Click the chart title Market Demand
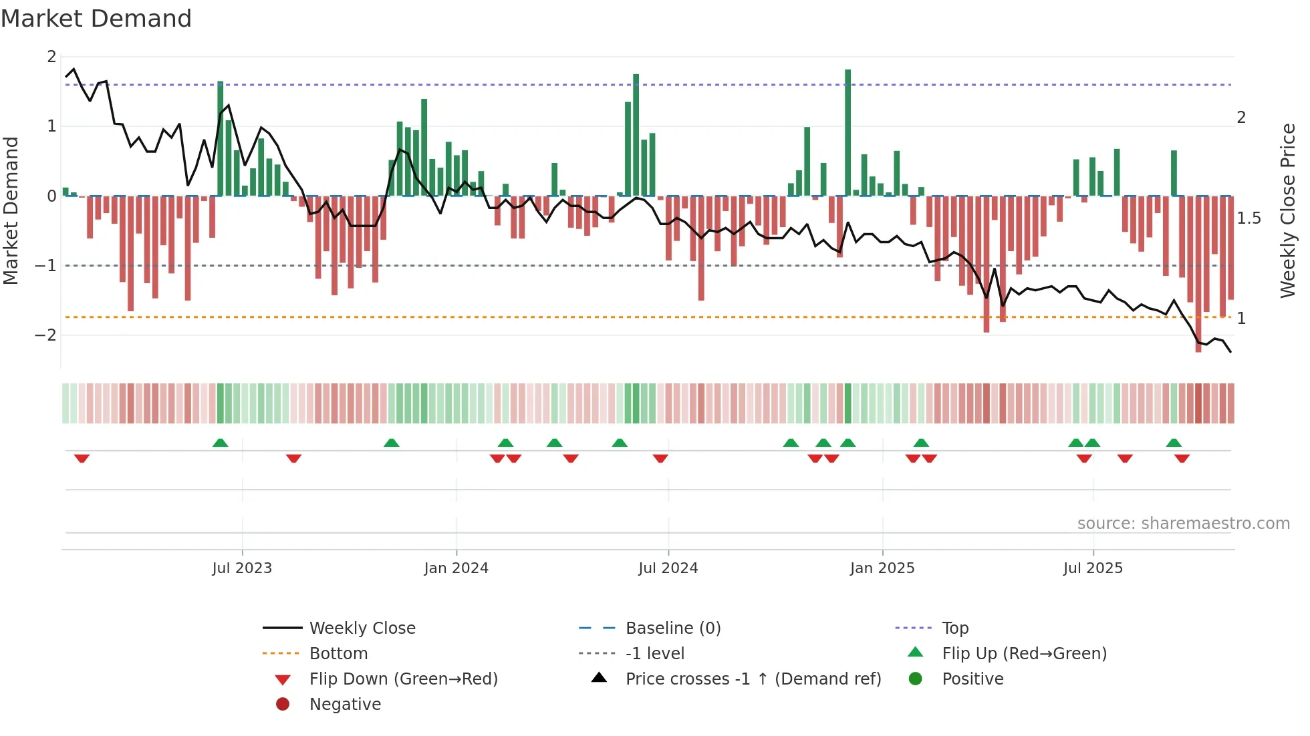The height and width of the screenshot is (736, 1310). click(96, 19)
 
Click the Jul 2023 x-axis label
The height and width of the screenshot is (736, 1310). click(242, 568)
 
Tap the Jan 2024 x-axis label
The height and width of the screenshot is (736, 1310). click(456, 568)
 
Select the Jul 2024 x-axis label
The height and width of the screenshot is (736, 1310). click(668, 568)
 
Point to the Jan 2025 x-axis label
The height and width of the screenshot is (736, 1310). click(882, 568)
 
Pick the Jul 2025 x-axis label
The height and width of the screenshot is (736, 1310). click(1093, 568)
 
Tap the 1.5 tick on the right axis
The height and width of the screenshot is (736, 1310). click(1248, 218)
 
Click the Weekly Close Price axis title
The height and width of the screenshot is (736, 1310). click(1287, 210)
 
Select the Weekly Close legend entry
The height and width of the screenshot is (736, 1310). click(362, 628)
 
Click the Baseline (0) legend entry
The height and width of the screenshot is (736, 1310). click(672, 628)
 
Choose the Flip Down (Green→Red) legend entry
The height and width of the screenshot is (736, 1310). click(403, 679)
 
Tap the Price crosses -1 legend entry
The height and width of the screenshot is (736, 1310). click(753, 679)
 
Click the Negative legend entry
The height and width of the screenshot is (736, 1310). click(345, 705)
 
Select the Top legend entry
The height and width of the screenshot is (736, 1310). click(954, 628)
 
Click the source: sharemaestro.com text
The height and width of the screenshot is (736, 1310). click(1183, 524)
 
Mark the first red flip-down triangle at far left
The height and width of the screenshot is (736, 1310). click(82, 458)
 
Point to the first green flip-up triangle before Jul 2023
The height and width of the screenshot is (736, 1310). click(220, 443)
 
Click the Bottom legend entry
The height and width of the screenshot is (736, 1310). click(338, 654)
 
